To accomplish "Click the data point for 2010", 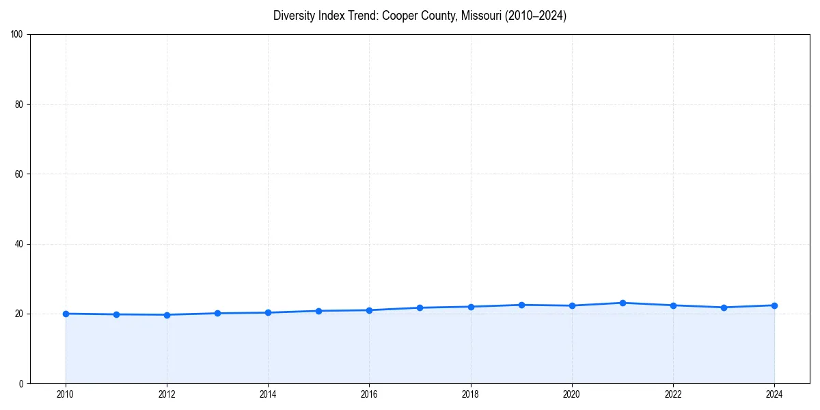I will pyautogui.click(x=66, y=314).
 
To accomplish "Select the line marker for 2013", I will pyautogui.click(x=217, y=314).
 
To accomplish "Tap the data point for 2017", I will pyautogui.click(x=420, y=307).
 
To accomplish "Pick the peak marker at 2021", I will pyautogui.click(x=623, y=303).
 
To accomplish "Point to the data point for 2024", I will pyautogui.click(x=774, y=305).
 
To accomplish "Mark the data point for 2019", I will pyautogui.click(x=521, y=305).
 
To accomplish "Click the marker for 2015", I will pyautogui.click(x=318, y=311).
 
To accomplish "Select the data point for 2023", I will pyautogui.click(x=724, y=307).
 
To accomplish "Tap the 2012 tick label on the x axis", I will pyautogui.click(x=167, y=394).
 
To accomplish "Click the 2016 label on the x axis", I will pyautogui.click(x=369, y=394).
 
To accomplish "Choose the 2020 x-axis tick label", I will pyautogui.click(x=572, y=394).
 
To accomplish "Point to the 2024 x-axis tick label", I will pyautogui.click(x=774, y=394).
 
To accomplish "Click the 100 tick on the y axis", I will pyautogui.click(x=18, y=35).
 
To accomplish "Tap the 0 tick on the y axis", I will pyautogui.click(x=22, y=383).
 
